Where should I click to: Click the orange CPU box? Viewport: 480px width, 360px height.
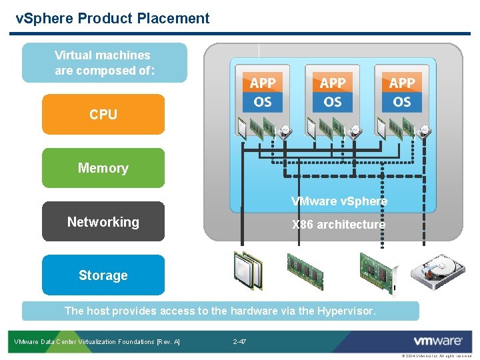coord(103,115)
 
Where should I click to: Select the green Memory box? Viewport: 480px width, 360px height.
coord(103,168)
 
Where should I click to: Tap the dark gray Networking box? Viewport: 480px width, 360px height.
coord(103,222)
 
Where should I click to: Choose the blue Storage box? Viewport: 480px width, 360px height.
coord(103,275)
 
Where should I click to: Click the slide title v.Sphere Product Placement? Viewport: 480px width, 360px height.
coord(113,19)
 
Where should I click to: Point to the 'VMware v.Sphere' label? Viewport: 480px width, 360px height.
coord(339,201)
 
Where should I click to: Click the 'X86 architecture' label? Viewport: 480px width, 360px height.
coord(339,225)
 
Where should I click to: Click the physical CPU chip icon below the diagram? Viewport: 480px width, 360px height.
coord(248,270)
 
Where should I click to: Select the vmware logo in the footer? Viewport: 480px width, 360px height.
coord(438,341)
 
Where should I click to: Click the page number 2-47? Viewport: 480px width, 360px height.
coord(239,342)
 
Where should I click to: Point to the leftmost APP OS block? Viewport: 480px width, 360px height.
coord(263,92)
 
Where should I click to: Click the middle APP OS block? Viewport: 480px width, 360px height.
coord(332,92)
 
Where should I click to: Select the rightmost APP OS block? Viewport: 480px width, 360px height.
coord(402,92)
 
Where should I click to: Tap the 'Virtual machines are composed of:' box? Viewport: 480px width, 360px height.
coord(103,63)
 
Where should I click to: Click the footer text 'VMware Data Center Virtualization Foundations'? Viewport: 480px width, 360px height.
coord(97,342)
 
